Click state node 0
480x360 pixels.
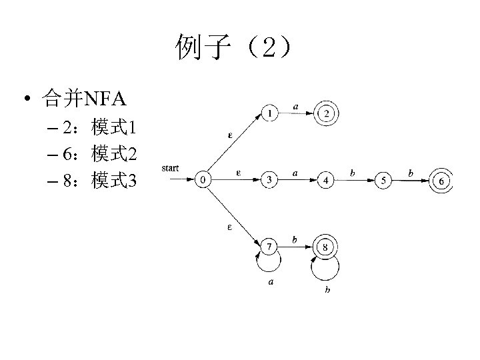[x=204, y=179]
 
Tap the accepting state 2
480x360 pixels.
[x=327, y=114]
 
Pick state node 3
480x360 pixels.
[x=269, y=179]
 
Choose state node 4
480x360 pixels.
[x=326, y=180]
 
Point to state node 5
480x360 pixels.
[x=383, y=180]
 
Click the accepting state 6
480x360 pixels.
[x=441, y=181]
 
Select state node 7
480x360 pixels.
[x=269, y=248]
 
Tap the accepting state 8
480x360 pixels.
[x=326, y=248]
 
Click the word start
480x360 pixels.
[x=170, y=168]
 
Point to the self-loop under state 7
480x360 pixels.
[x=269, y=267]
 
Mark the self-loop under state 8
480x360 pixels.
[x=326, y=270]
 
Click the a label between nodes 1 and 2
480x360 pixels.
[x=295, y=104]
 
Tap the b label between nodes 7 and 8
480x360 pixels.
[x=295, y=239]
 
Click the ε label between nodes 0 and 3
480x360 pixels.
[x=239, y=173]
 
